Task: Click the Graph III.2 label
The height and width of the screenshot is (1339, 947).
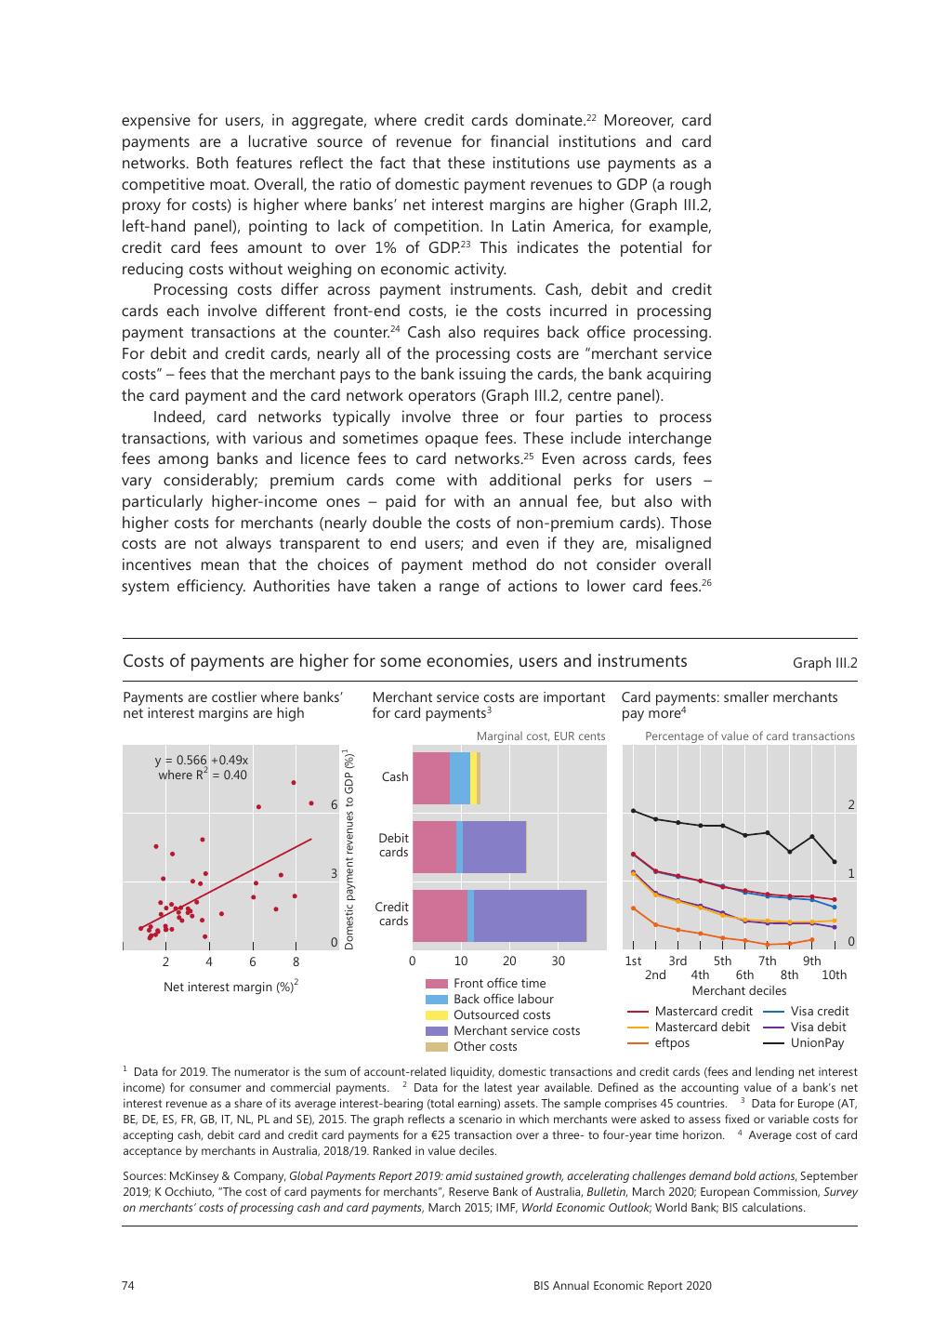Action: (x=824, y=663)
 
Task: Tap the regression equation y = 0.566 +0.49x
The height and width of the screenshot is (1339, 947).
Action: (x=202, y=760)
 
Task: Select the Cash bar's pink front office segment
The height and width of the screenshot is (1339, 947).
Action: (x=430, y=778)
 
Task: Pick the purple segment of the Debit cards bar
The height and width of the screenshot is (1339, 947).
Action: (x=494, y=847)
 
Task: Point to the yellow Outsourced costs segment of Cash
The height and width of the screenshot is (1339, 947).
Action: (x=473, y=778)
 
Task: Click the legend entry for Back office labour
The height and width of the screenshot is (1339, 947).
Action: (x=490, y=1000)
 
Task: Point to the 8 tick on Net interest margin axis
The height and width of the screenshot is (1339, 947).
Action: (x=296, y=961)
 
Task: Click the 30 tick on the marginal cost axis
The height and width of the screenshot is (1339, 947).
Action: (x=558, y=961)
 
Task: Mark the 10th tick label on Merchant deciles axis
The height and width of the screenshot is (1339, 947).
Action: (x=834, y=975)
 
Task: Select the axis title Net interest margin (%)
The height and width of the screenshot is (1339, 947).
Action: (x=230, y=986)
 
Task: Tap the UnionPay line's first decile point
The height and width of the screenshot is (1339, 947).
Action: (x=633, y=811)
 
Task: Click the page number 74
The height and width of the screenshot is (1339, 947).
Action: (x=129, y=1286)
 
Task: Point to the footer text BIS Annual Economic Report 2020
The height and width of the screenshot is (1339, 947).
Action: (x=622, y=1286)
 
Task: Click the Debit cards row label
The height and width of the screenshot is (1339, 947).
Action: (x=393, y=845)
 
